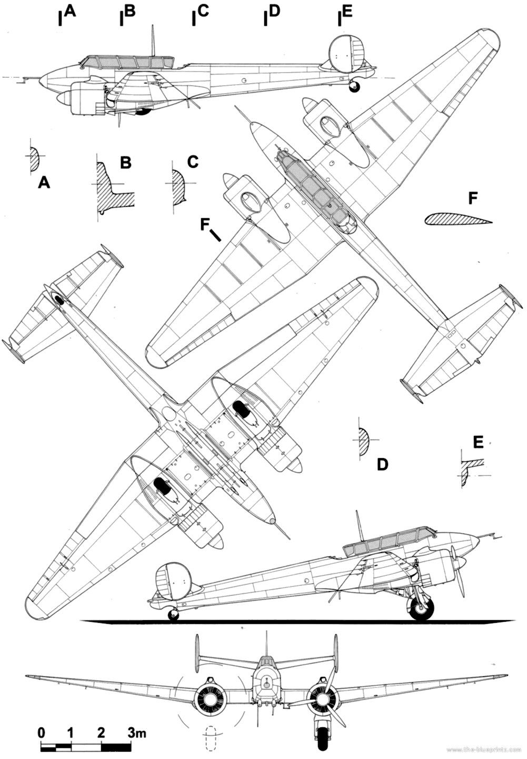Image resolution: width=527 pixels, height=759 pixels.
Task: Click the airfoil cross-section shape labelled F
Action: tap(456, 220)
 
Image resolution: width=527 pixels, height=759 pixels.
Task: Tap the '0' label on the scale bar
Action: tap(41, 732)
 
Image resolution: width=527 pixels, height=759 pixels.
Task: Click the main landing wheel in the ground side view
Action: tap(422, 610)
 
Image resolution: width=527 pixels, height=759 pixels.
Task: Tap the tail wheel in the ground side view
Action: tap(173, 614)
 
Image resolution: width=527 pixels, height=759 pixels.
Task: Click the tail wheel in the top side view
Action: tap(355, 86)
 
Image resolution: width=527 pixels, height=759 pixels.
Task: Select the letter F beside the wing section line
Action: tap(205, 225)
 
